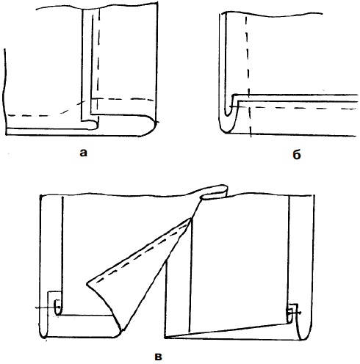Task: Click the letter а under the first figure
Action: (x=83, y=153)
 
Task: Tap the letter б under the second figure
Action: (x=297, y=154)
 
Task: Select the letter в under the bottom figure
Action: (x=159, y=357)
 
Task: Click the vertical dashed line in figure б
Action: (x=248, y=76)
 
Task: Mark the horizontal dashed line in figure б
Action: (x=296, y=107)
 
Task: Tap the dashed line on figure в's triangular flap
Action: (x=142, y=255)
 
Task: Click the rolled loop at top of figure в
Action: (x=215, y=192)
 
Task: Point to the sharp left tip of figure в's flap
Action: (x=87, y=284)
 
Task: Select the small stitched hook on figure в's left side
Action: (x=57, y=307)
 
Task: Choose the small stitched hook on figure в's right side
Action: (x=292, y=313)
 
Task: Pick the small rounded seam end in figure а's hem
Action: (x=93, y=125)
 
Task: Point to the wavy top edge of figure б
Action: (x=272, y=14)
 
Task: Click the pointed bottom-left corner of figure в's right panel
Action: (x=165, y=338)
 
